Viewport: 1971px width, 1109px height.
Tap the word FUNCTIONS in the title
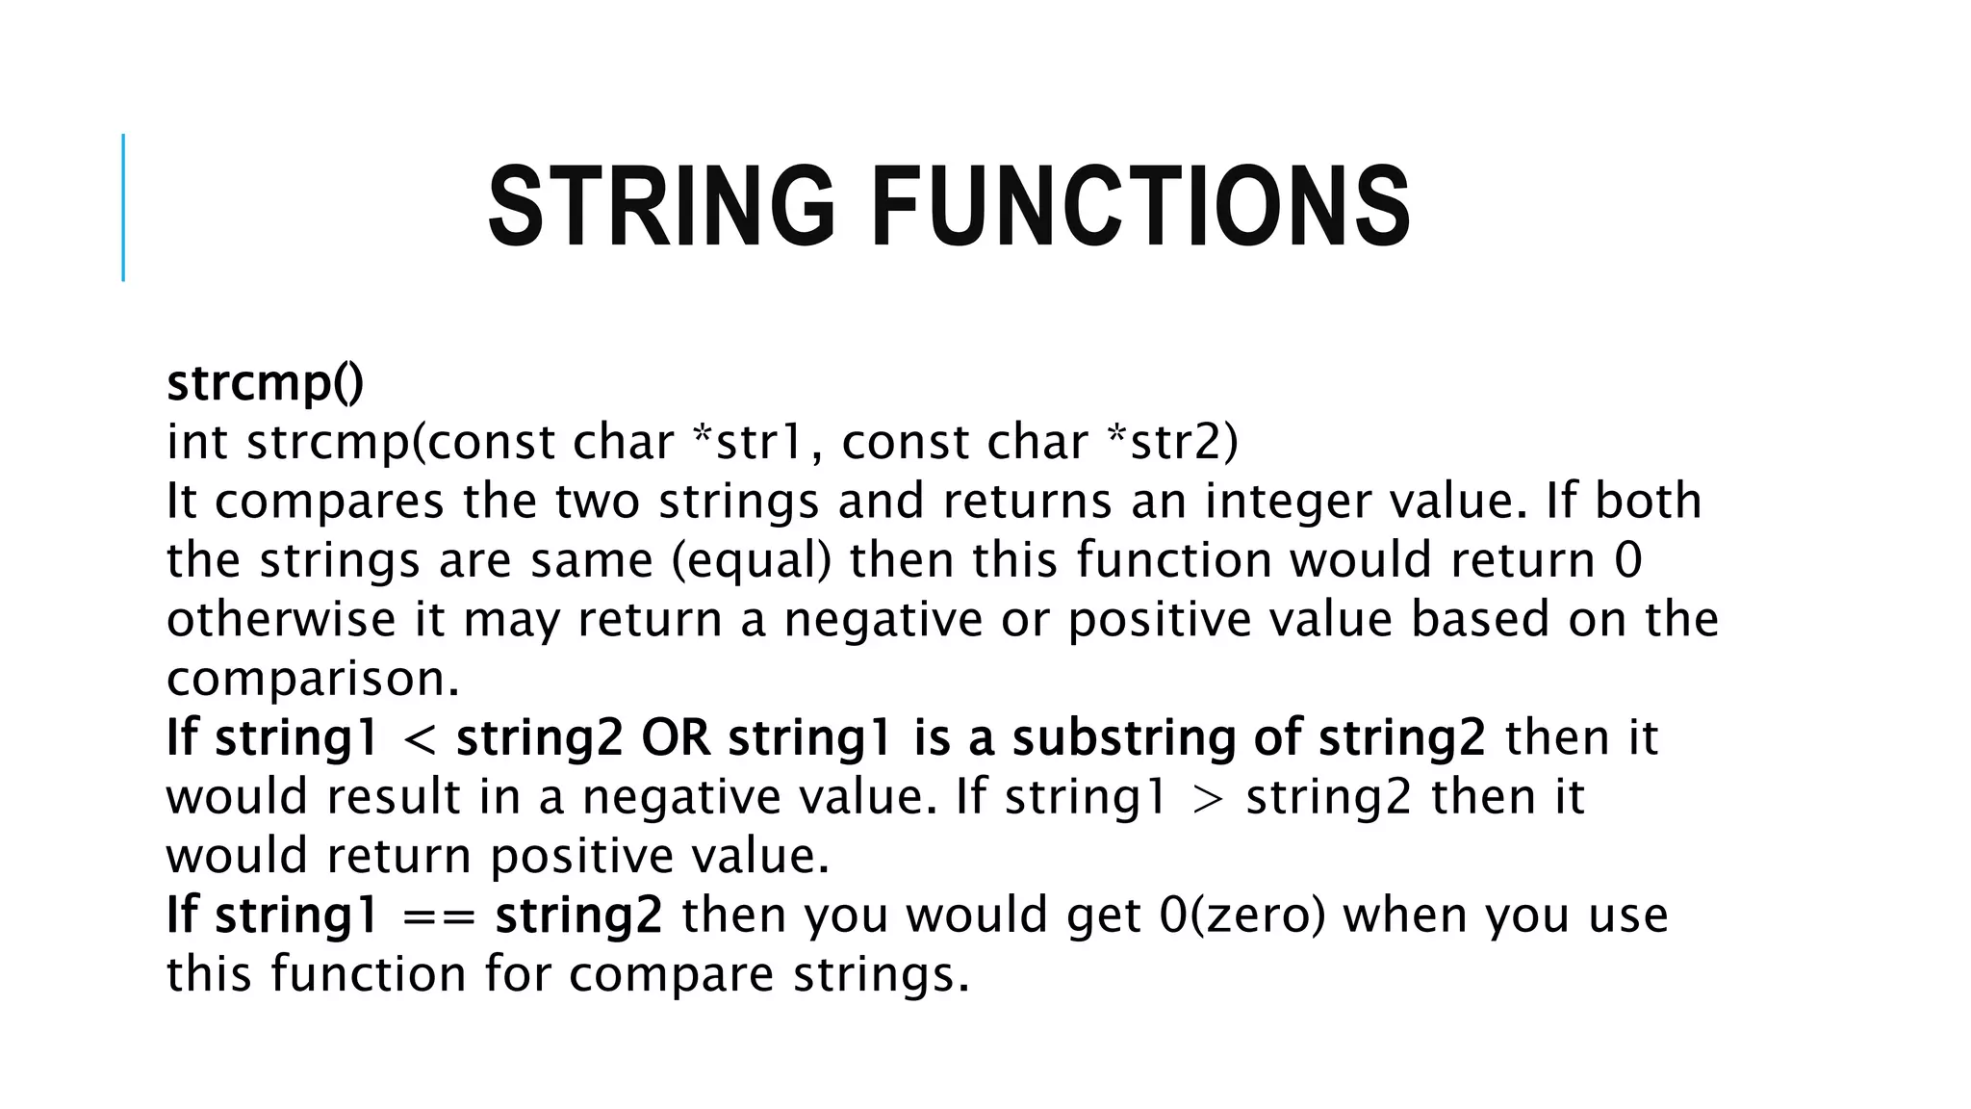pos(1140,207)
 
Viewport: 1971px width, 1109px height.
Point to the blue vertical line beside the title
pos(123,207)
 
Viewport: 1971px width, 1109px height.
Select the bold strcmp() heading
pos(265,383)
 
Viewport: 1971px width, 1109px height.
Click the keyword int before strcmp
pos(197,443)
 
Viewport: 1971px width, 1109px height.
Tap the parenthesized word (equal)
pos(751,561)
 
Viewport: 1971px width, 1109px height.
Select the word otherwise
pos(281,620)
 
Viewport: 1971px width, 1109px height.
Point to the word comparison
pos(313,680)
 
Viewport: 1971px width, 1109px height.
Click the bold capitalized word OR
pos(676,738)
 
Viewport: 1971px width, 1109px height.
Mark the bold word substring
pos(1123,738)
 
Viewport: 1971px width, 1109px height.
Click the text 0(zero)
pos(1242,916)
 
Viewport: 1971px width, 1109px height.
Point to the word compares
pos(328,503)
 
